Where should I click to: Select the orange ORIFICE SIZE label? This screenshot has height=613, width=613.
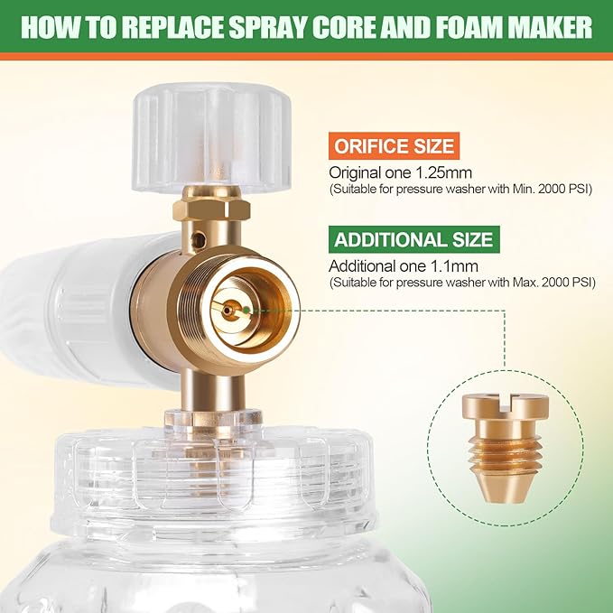(393, 146)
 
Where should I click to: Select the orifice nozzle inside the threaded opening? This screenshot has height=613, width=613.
(233, 310)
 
